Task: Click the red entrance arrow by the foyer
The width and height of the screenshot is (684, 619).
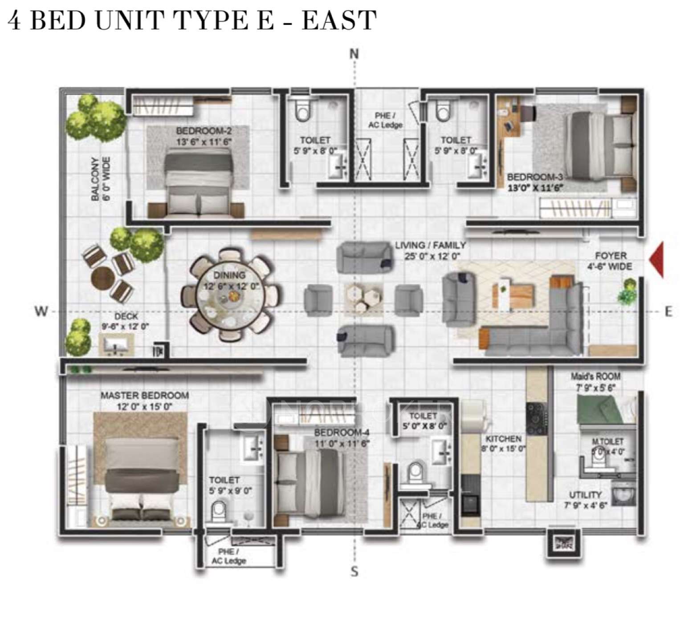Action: coord(657,260)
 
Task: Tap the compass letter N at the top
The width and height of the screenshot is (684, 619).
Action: coord(354,54)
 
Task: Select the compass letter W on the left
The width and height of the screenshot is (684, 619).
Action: coord(41,311)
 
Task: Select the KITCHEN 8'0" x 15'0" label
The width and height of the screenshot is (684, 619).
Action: coord(503,444)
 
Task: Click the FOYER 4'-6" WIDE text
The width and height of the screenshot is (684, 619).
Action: coord(611,261)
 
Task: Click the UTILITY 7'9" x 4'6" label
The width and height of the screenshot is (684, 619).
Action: coord(585,500)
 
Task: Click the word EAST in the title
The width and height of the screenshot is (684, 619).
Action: coord(339,20)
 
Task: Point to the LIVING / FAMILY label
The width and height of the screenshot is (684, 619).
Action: coord(431,250)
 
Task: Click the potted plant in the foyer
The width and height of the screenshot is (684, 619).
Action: coord(628,291)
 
